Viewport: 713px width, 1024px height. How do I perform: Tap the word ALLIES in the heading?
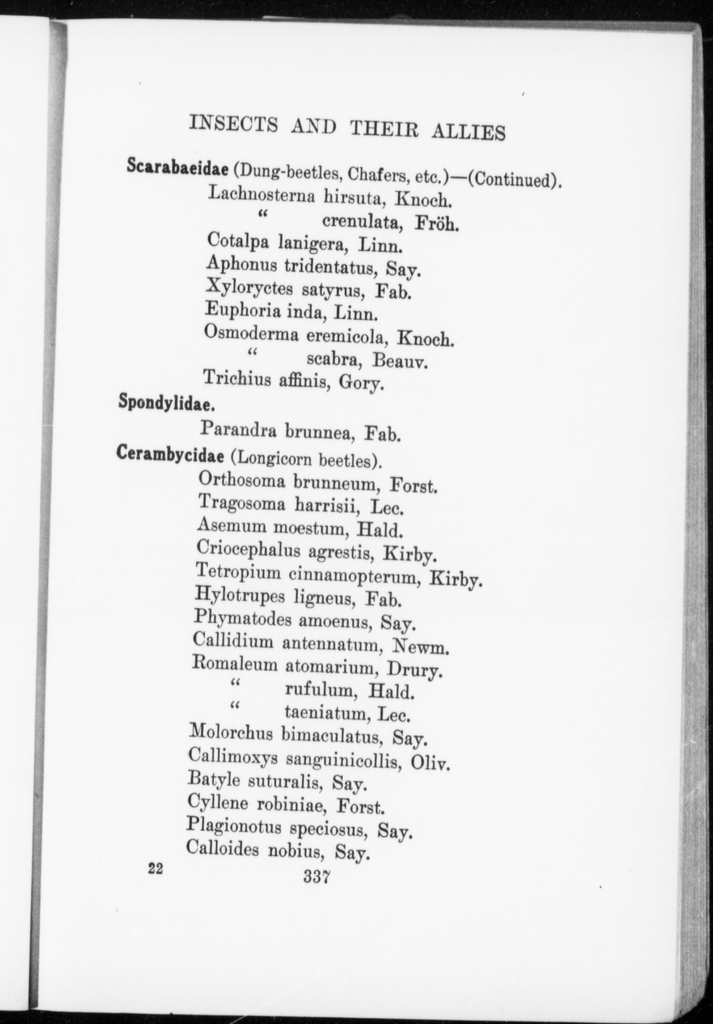click(x=469, y=131)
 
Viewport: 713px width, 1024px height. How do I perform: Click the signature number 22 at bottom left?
click(x=155, y=868)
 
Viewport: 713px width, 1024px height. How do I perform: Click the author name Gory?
click(x=362, y=382)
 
